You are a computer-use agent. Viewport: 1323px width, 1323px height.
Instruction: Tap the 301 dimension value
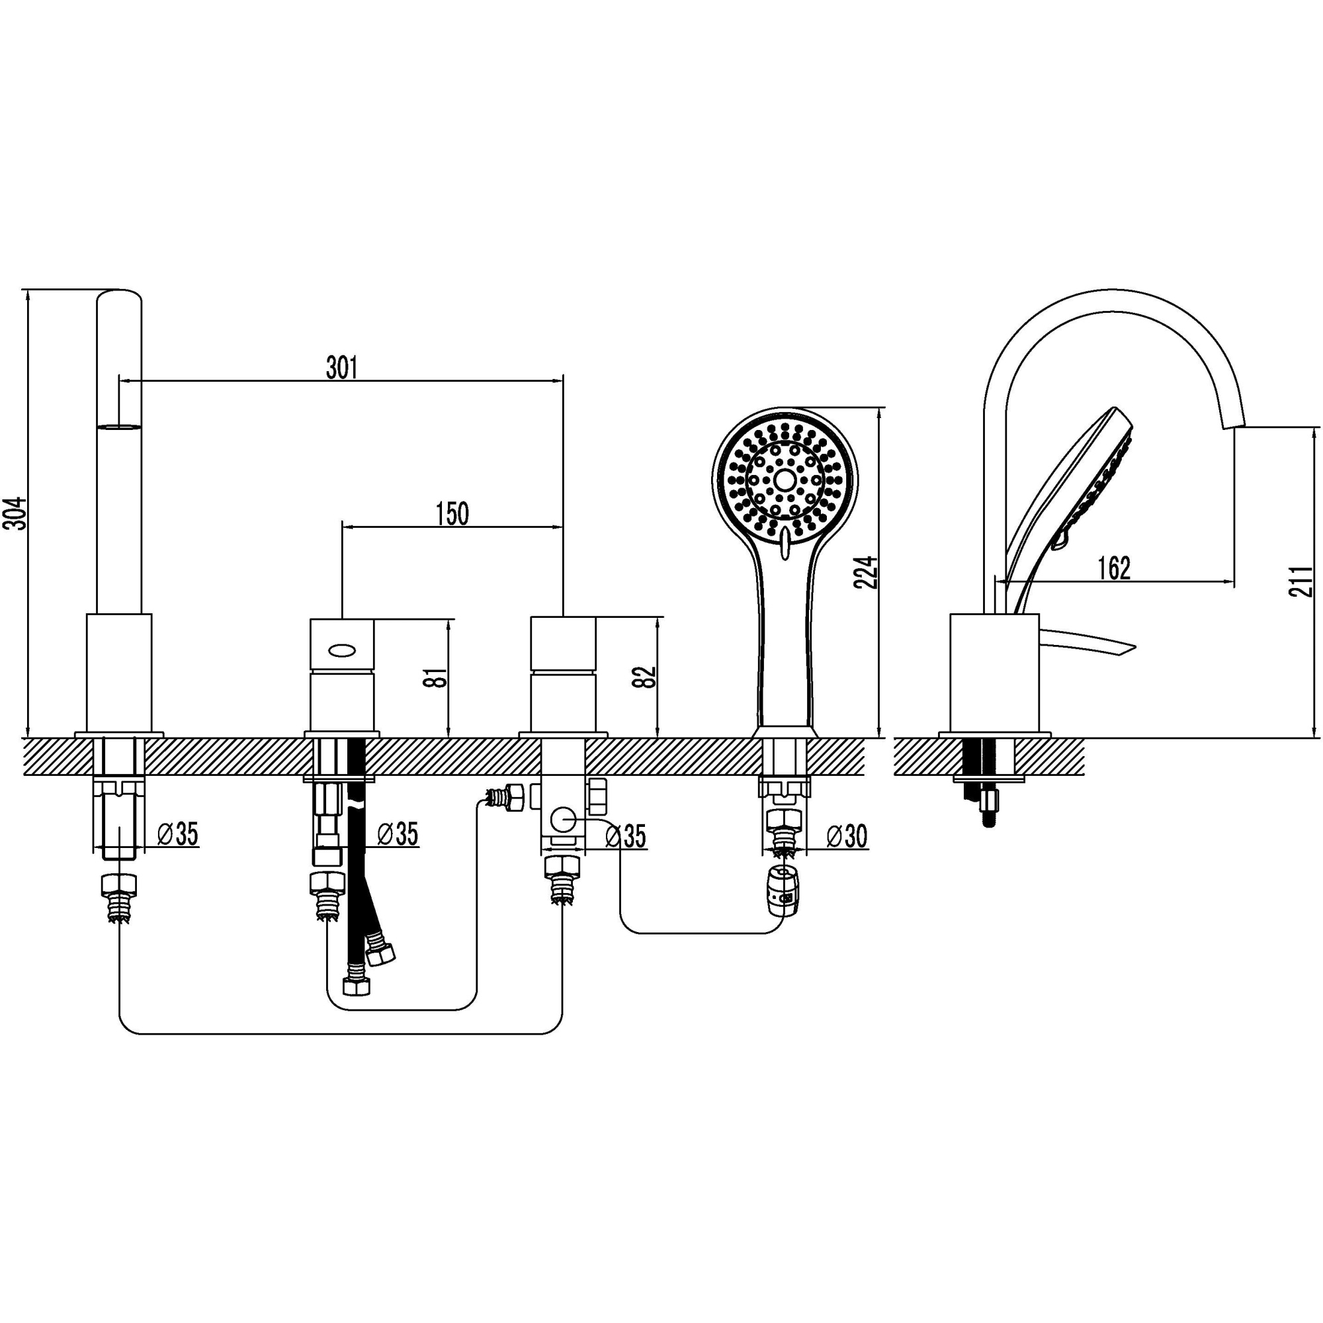tap(342, 368)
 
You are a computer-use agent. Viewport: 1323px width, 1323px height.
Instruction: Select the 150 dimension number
tap(452, 514)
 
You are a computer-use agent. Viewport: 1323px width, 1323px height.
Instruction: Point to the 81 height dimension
tap(439, 678)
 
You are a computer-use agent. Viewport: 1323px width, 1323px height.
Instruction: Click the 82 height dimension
tap(646, 677)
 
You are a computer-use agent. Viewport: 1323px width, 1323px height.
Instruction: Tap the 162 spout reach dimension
tap(1114, 568)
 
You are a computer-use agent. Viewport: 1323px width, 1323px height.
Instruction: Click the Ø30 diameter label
tap(847, 836)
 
